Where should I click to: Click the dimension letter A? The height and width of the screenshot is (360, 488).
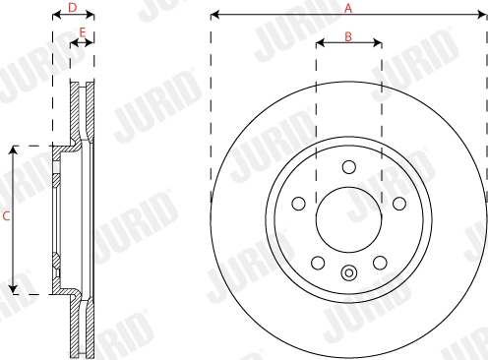tap(347, 8)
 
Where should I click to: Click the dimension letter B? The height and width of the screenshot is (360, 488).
tap(348, 36)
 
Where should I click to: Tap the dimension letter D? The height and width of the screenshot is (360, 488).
tap(72, 8)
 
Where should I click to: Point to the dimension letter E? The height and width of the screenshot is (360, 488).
tap(83, 33)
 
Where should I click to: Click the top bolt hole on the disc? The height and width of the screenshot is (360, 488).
tap(348, 166)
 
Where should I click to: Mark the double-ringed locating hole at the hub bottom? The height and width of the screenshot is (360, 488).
tap(348, 272)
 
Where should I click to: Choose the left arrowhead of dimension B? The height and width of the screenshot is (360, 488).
tap(319, 44)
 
